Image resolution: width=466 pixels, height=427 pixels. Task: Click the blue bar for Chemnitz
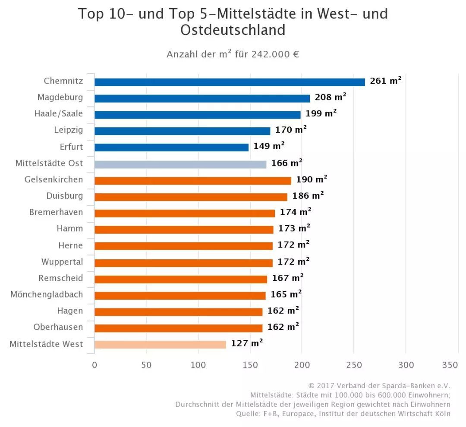click(230, 82)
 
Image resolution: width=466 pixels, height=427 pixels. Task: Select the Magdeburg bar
click(202, 98)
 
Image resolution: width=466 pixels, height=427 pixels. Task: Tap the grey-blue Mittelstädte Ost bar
click(180, 164)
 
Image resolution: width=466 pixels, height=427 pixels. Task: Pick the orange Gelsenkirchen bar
click(192, 181)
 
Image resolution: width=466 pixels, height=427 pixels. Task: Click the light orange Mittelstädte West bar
click(160, 344)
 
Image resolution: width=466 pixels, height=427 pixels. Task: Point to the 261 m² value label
click(385, 81)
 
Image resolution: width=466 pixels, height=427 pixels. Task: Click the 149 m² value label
click(269, 146)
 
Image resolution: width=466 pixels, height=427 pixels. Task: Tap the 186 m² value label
click(308, 196)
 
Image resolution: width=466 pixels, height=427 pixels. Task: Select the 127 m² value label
click(247, 343)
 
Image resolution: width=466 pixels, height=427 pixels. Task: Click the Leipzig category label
click(68, 130)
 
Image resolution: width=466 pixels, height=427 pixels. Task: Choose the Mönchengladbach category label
click(47, 295)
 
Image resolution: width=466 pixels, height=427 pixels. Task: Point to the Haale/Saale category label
click(59, 114)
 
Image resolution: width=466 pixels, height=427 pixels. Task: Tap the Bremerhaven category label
click(56, 212)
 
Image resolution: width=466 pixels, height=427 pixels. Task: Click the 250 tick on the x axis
click(354, 365)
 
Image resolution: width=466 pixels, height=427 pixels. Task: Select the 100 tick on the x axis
click(198, 365)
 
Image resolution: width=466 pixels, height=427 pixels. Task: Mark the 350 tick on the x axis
click(450, 365)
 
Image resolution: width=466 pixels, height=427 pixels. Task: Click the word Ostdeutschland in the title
click(233, 30)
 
